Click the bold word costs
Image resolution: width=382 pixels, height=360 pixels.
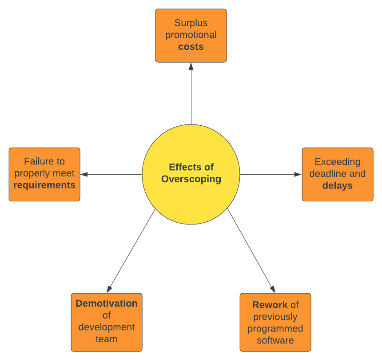pyautogui.click(x=191, y=47)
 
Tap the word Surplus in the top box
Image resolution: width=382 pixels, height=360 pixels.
pyautogui.click(x=191, y=23)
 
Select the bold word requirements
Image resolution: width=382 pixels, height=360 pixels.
pyautogui.click(x=44, y=185)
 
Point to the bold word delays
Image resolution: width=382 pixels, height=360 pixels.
pyautogui.click(x=338, y=185)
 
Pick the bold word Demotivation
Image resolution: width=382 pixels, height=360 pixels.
pyautogui.click(x=107, y=304)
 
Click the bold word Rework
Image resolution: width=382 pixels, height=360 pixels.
pyautogui.click(x=270, y=305)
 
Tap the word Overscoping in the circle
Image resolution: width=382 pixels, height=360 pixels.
pyautogui.click(x=191, y=179)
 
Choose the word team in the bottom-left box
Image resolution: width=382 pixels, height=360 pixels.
pyautogui.click(x=107, y=339)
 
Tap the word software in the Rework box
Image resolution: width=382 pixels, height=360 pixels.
pyautogui.click(x=275, y=340)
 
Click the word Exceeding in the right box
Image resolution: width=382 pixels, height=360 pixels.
pyautogui.click(x=338, y=162)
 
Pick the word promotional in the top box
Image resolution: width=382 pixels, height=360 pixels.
pyautogui.click(x=191, y=35)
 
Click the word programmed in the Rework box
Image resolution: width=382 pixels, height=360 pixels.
pyautogui.click(x=275, y=329)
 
